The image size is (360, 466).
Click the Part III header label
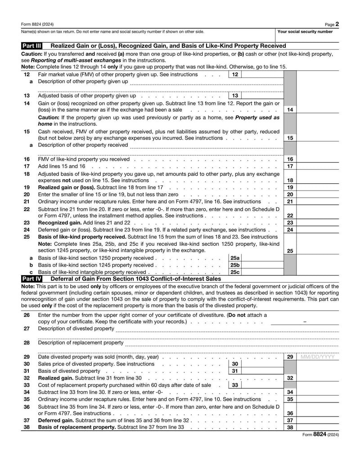pyautogui.click(x=32, y=46)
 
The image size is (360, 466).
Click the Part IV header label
pyautogui.click(x=32, y=279)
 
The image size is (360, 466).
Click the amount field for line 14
pyautogui.click(x=318, y=109)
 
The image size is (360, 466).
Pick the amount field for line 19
pyautogui.click(x=318, y=187)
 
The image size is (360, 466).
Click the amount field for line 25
pyautogui.click(x=318, y=251)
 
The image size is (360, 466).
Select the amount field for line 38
pyautogui.click(x=318, y=427)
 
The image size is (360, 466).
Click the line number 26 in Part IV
pyautogui.click(x=27, y=315)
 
